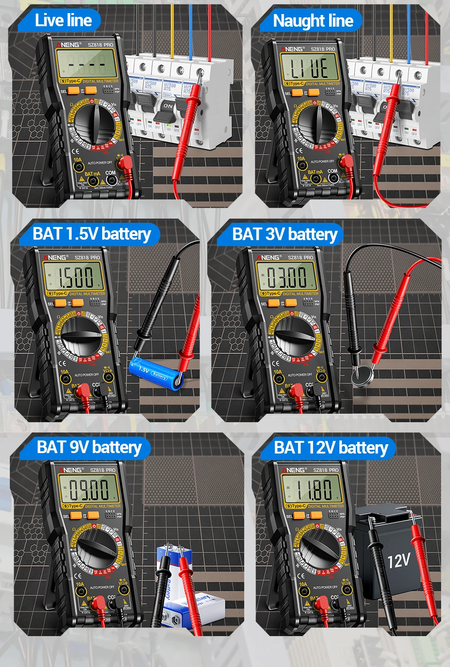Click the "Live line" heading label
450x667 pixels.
(63, 20)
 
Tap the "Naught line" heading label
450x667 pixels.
(313, 21)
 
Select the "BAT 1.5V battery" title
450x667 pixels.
(91, 234)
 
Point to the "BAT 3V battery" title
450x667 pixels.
(285, 234)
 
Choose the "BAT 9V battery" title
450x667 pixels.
(89, 447)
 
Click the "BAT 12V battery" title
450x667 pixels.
(331, 447)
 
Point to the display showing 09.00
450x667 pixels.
(89, 490)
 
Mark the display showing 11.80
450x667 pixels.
(312, 490)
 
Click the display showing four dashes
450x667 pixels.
(87, 64)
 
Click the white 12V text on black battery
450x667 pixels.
(398, 560)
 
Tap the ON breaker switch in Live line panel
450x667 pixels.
(168, 106)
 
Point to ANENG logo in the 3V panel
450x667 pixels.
(269, 257)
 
